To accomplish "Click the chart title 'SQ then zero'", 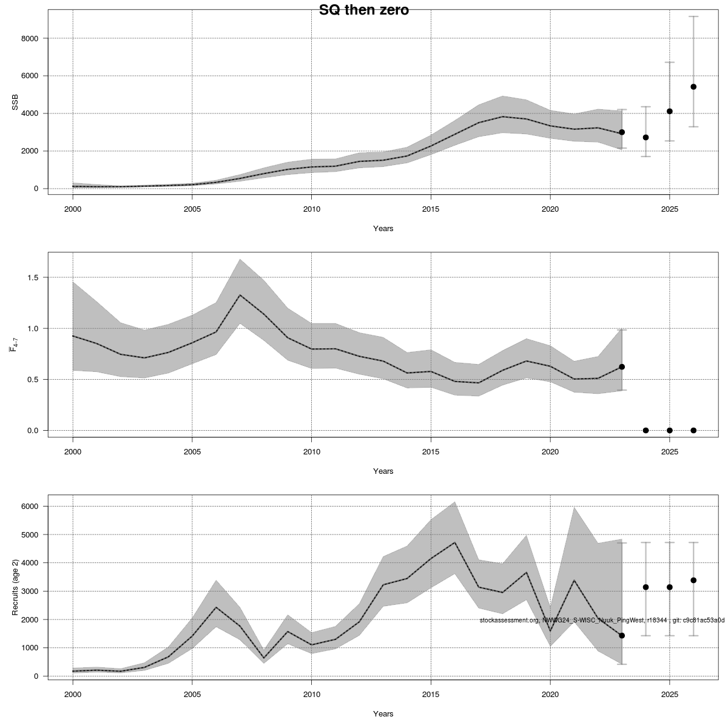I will click(364, 10).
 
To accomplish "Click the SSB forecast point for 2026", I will click(693, 87).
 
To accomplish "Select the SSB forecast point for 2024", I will click(645, 138).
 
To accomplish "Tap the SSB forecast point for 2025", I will click(670, 111).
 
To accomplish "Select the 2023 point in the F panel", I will click(622, 367).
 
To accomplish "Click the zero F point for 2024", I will click(645, 430).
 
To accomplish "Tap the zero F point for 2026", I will click(693, 430).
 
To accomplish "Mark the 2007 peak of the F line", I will click(240, 295).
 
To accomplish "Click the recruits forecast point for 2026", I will click(693, 580).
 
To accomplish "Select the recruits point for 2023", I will click(622, 635).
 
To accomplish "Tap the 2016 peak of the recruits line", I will click(455, 542).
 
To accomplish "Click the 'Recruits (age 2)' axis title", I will click(15, 585).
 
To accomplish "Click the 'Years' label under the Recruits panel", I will click(383, 713).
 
